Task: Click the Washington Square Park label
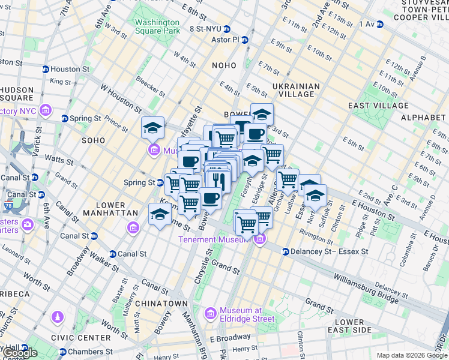tap(157, 26)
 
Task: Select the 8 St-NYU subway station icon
tap(227, 29)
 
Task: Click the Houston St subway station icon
tap(46, 70)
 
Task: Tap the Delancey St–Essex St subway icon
tap(286, 251)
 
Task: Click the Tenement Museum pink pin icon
tap(259, 239)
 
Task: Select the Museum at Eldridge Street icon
tap(211, 313)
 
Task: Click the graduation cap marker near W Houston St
tap(153, 127)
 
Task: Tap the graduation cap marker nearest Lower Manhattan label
tap(160, 214)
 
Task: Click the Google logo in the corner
tap(19, 353)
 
